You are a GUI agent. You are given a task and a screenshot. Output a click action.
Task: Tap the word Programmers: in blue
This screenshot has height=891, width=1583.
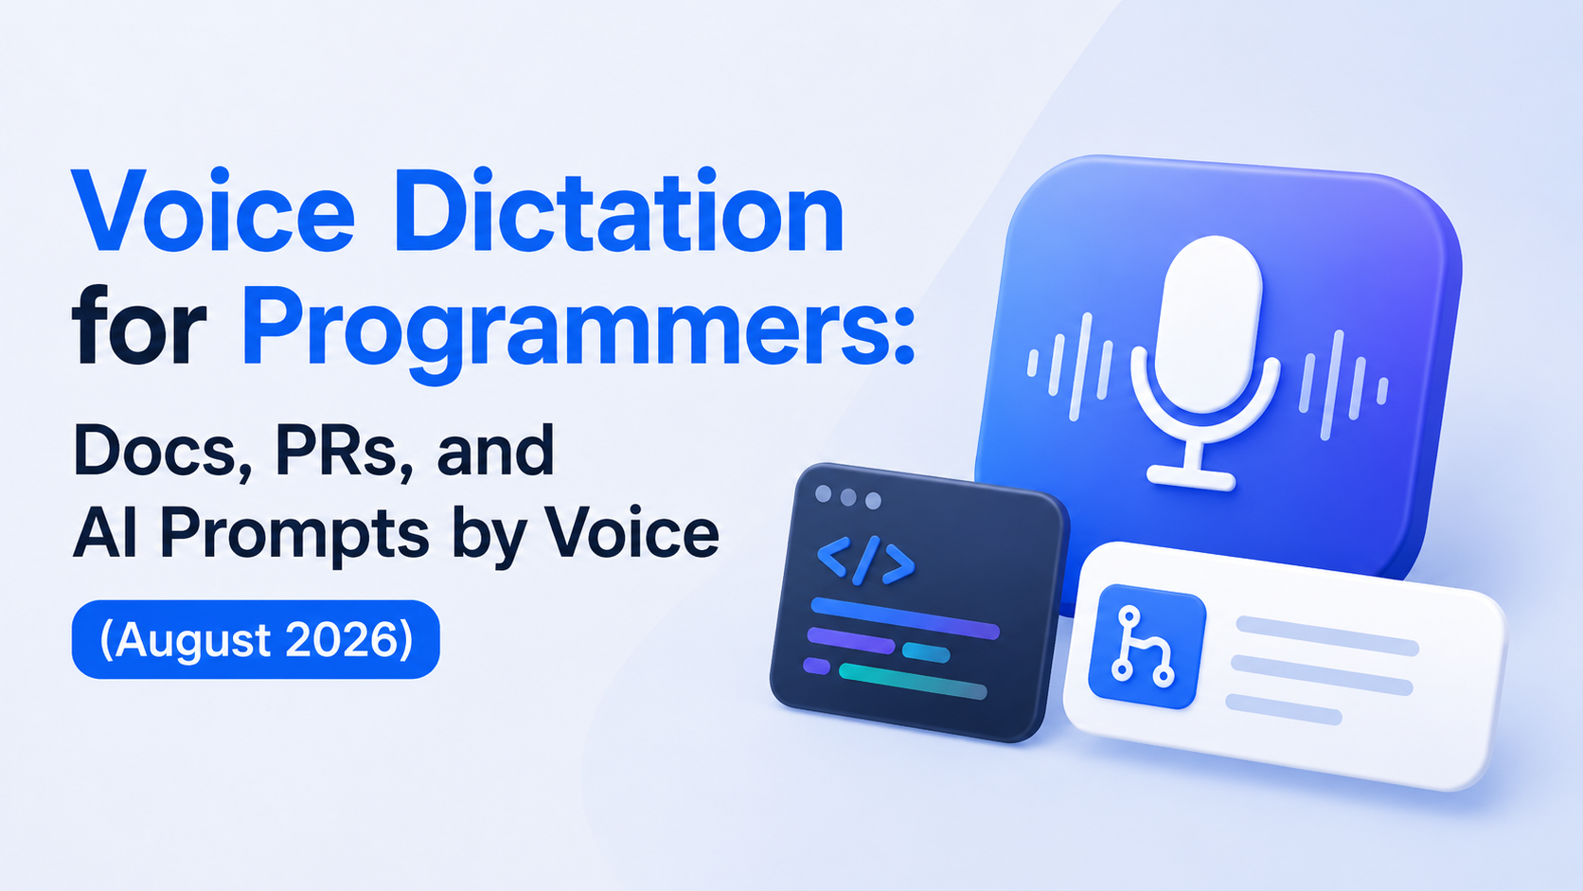(x=578, y=333)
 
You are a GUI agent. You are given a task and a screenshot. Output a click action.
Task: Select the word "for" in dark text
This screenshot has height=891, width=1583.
(x=138, y=325)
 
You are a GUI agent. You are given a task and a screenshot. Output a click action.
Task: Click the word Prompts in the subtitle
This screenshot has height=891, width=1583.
(x=294, y=535)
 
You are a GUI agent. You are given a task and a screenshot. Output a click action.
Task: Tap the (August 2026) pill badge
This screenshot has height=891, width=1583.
(x=256, y=639)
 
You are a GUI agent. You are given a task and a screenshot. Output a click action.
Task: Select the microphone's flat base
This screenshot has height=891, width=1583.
(x=1191, y=477)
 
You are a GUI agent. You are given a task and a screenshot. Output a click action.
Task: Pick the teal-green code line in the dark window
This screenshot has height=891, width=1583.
(x=913, y=681)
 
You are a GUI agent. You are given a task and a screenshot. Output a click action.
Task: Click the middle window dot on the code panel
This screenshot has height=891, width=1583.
(x=848, y=497)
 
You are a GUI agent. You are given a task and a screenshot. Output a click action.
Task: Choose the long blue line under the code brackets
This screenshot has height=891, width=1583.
(x=904, y=618)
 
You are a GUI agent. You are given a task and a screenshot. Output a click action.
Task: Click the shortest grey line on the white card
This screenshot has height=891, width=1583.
(x=1284, y=709)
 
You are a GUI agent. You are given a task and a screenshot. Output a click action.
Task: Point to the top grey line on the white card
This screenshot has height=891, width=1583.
(x=1327, y=636)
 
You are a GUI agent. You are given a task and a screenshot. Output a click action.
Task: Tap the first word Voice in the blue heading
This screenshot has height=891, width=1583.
(x=213, y=209)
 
